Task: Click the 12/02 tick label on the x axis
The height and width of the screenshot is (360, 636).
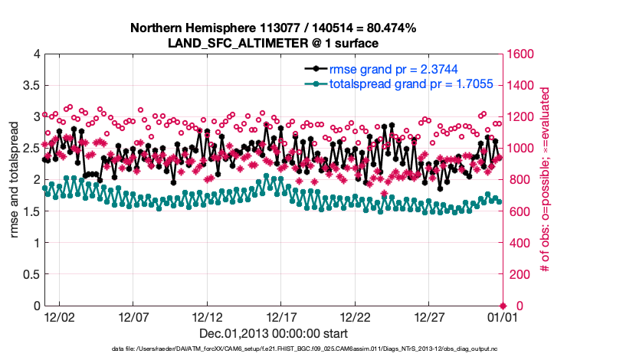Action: point(59,316)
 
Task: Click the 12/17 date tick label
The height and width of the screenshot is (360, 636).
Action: point(281,316)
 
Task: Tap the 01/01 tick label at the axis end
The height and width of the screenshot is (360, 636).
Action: point(503,316)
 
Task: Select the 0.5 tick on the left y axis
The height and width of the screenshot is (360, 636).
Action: point(30,274)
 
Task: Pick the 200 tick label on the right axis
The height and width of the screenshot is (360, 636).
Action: point(518,274)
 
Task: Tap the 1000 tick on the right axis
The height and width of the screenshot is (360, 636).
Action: point(521,148)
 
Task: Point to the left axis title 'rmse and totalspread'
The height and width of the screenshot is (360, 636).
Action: point(14,179)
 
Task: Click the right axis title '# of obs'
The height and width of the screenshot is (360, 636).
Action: point(544,179)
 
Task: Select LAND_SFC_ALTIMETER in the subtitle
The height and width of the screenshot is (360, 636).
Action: point(231,42)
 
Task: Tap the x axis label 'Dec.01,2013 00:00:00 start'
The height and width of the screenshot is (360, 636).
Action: point(273,333)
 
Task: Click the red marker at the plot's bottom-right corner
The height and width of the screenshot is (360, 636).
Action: point(503,306)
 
